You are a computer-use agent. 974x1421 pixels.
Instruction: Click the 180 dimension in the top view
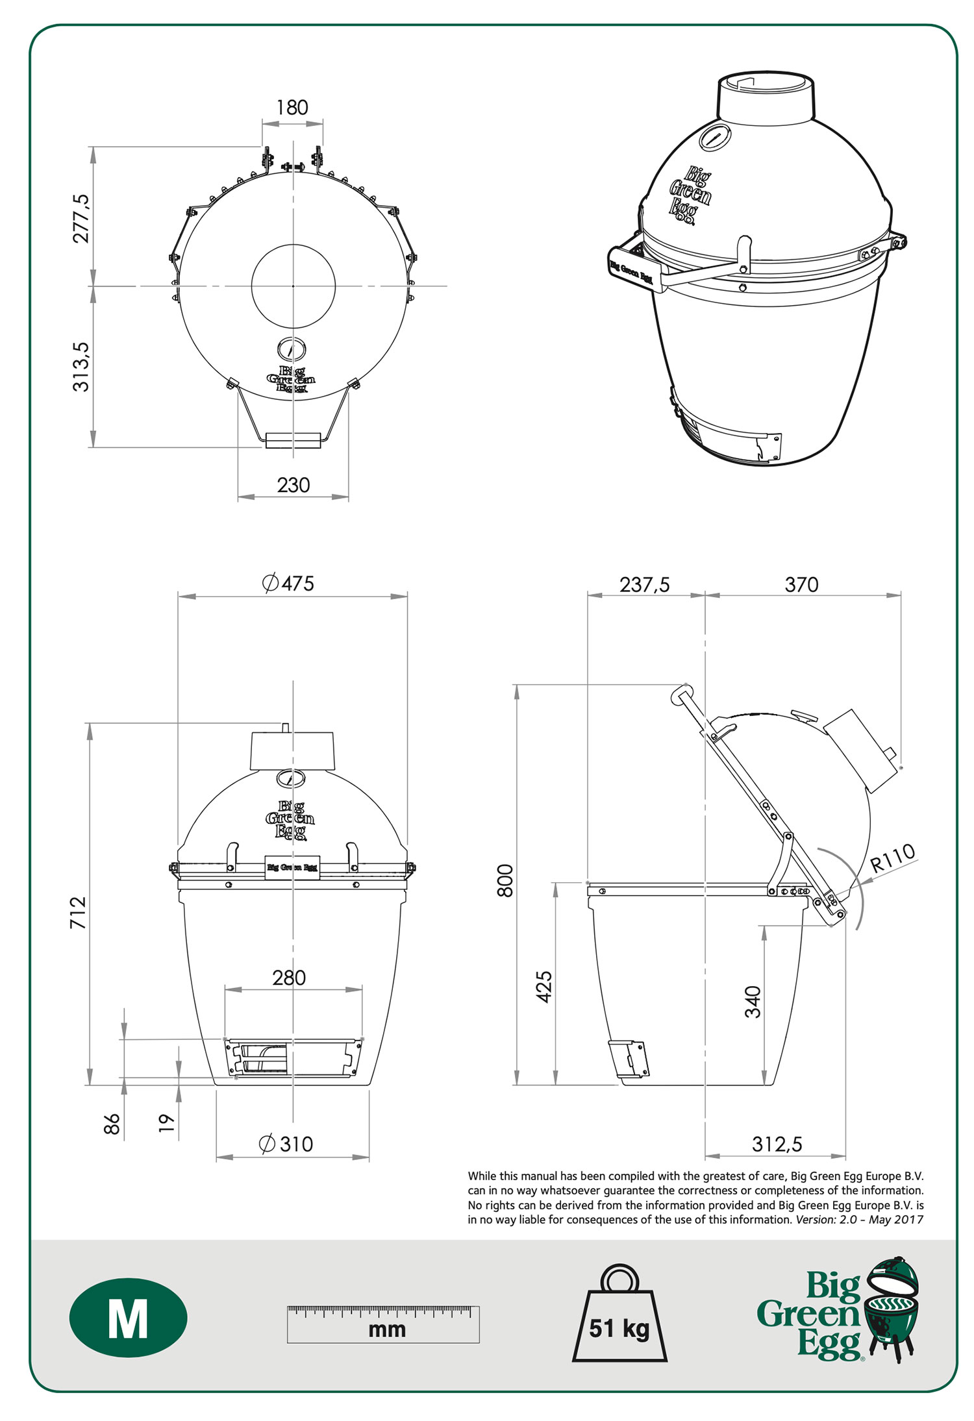pyautogui.click(x=292, y=108)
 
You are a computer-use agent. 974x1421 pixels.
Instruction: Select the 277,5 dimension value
pyautogui.click(x=81, y=218)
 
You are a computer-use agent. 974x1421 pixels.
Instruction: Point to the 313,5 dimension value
pyautogui.click(x=81, y=367)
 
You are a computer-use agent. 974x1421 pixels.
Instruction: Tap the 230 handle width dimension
pyautogui.click(x=293, y=485)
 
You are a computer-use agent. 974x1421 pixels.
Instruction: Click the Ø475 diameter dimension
pyautogui.click(x=288, y=583)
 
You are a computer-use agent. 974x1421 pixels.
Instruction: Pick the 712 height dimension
pyautogui.click(x=78, y=912)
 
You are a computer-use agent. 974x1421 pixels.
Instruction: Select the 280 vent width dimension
pyautogui.click(x=289, y=977)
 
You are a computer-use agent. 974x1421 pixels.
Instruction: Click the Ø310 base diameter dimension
pyautogui.click(x=286, y=1144)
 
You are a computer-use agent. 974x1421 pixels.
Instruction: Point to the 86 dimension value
pyautogui.click(x=112, y=1124)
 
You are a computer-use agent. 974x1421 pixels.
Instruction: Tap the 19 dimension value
pyautogui.click(x=167, y=1123)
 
